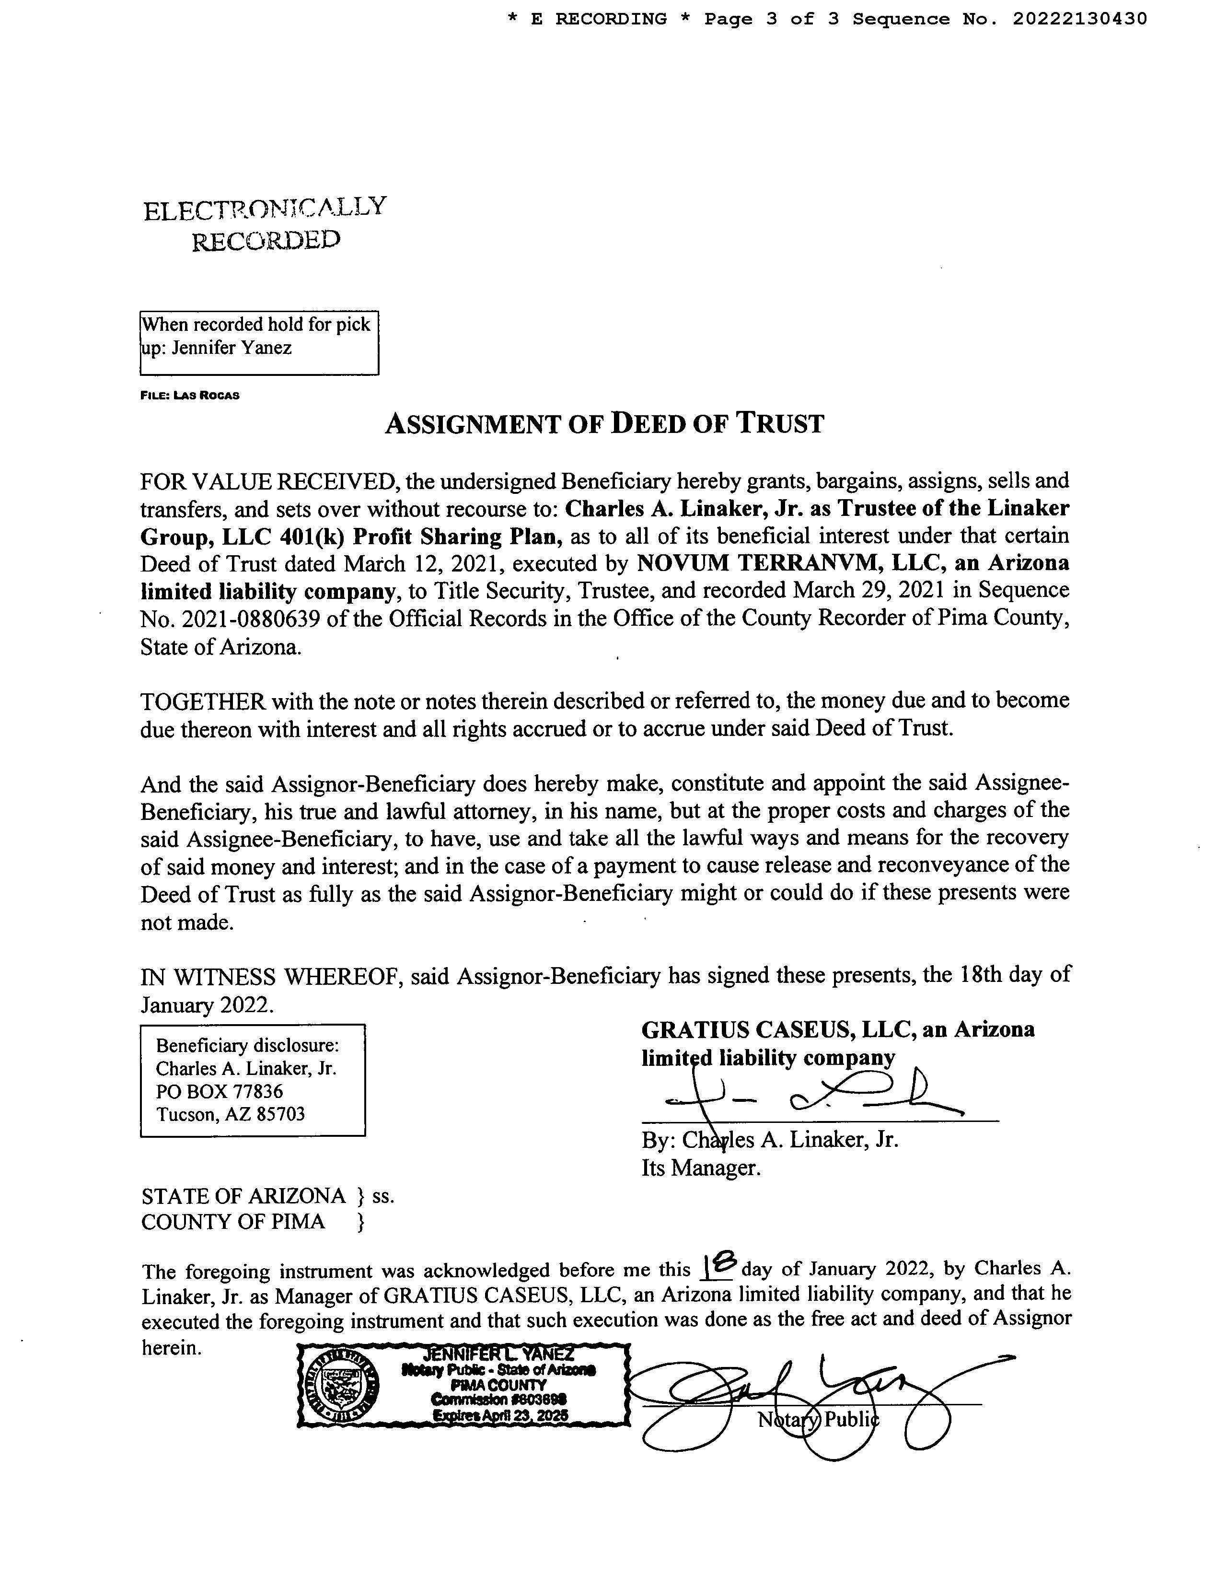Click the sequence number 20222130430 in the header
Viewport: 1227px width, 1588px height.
pos(1079,19)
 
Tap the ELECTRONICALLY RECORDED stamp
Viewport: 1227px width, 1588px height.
pos(266,223)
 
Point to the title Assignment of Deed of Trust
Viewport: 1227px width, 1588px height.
pos(604,423)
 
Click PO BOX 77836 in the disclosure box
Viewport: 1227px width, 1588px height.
pos(220,1091)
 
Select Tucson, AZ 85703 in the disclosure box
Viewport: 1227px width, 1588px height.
pos(231,1114)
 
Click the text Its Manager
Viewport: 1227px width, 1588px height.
pos(701,1168)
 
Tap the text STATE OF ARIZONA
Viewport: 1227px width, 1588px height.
pos(243,1196)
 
